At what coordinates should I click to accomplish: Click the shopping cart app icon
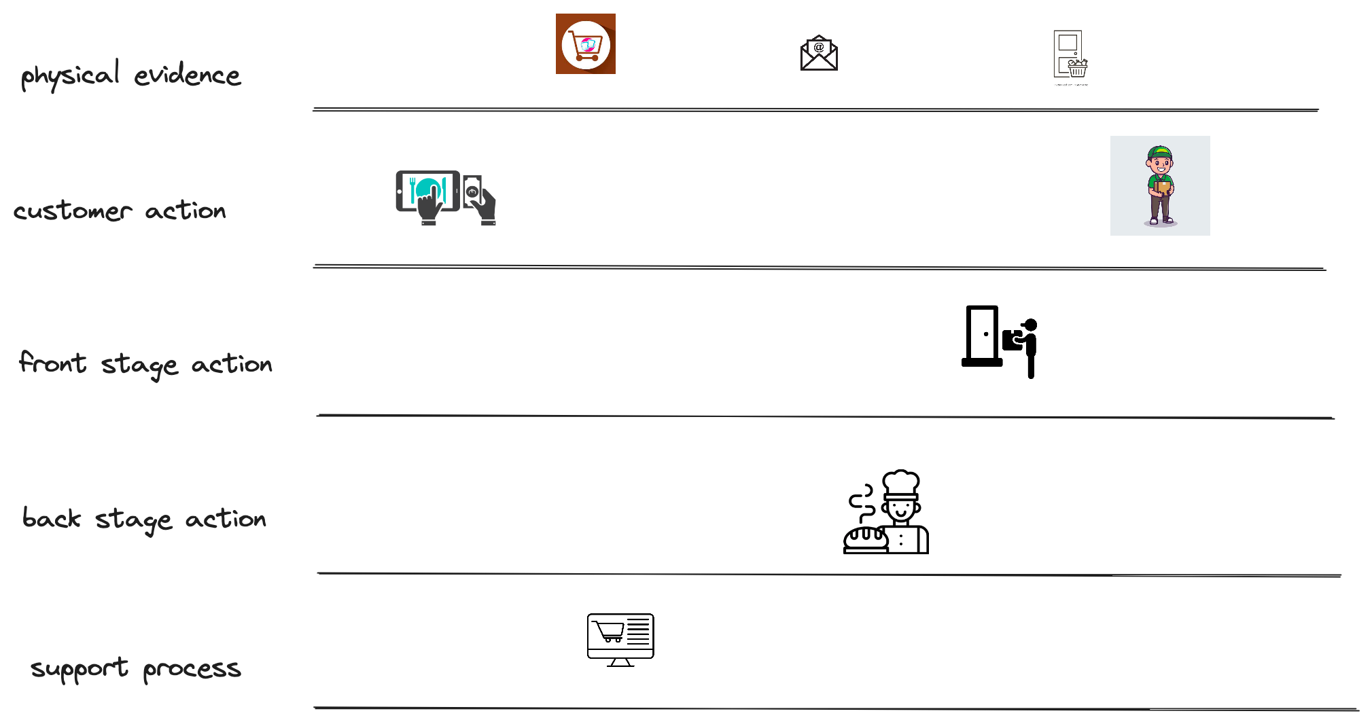tap(586, 44)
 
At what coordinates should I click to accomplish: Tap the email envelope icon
tap(819, 53)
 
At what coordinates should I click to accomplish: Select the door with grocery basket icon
tap(1070, 54)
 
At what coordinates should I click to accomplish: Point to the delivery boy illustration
tap(1160, 185)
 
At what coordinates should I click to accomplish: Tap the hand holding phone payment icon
tap(479, 200)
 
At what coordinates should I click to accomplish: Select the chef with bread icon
tap(885, 511)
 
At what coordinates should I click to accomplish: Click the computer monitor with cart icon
tap(620, 640)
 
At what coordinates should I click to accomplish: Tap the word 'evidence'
tap(187, 75)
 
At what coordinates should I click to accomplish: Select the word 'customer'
tap(73, 211)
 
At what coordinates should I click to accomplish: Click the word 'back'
tap(52, 518)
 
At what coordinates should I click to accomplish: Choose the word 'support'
tap(80, 669)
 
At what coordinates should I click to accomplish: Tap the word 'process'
tap(192, 670)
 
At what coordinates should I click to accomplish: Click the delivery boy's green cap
tap(1159, 152)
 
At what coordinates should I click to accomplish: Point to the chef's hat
tap(901, 483)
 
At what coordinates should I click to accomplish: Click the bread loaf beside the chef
tap(865, 537)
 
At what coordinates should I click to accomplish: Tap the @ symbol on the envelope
tap(819, 48)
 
